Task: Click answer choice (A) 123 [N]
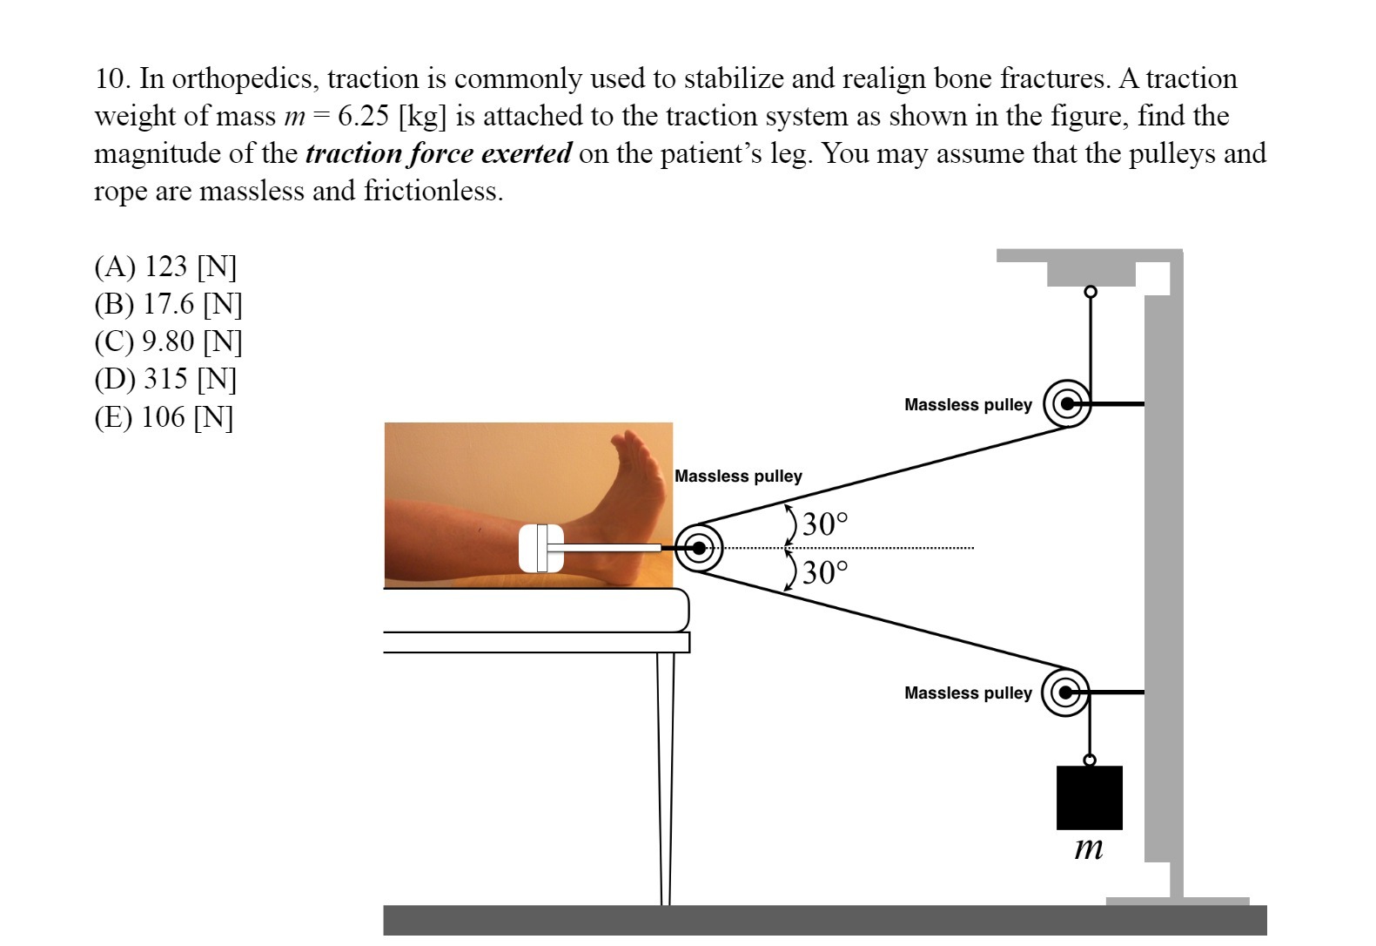pyautogui.click(x=164, y=266)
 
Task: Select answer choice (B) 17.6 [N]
pyautogui.click(x=167, y=304)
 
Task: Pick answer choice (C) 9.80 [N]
pyautogui.click(x=167, y=341)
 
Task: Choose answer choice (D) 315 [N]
pyautogui.click(x=164, y=379)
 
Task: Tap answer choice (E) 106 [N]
pyautogui.click(x=164, y=417)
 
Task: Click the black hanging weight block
pyautogui.click(x=1089, y=798)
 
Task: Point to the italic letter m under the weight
pyautogui.click(x=1089, y=848)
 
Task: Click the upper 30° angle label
pyautogui.click(x=824, y=524)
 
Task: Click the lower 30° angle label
pyautogui.click(x=824, y=573)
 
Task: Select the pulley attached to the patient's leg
pyautogui.click(x=699, y=549)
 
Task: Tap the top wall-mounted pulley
pyautogui.click(x=1066, y=404)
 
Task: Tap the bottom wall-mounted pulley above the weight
pyautogui.click(x=1066, y=693)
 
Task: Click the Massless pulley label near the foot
pyautogui.click(x=738, y=476)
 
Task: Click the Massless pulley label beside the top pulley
pyautogui.click(x=968, y=405)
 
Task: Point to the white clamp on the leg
pyautogui.click(x=540, y=549)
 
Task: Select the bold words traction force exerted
pyautogui.click(x=439, y=153)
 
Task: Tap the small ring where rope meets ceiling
pyautogui.click(x=1090, y=291)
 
